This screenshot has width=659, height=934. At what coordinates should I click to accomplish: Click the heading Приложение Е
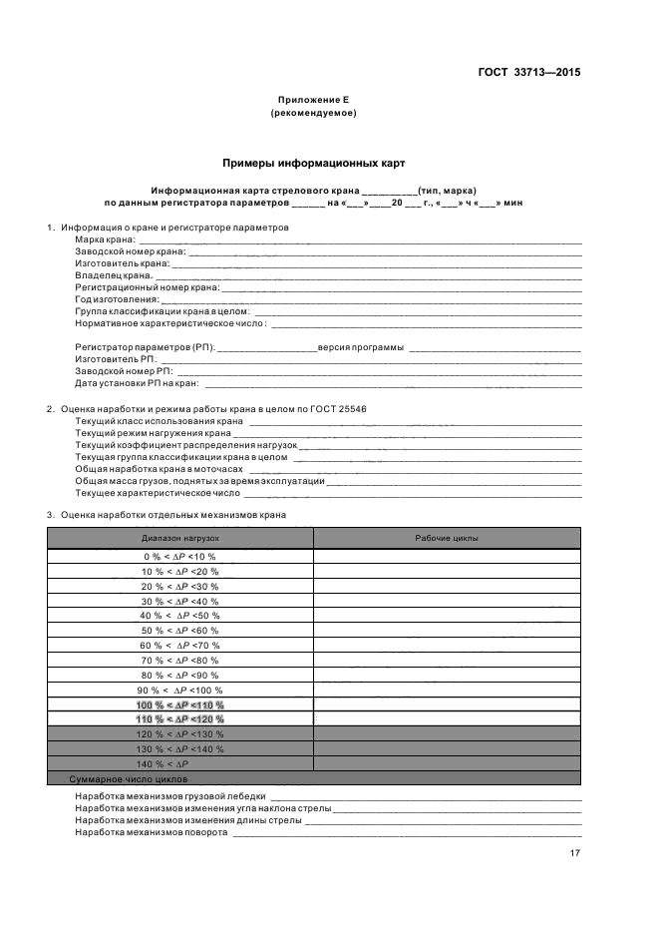click(313, 100)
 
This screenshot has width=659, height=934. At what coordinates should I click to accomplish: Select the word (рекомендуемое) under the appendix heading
click(313, 113)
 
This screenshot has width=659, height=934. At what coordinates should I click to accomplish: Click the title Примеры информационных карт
click(313, 162)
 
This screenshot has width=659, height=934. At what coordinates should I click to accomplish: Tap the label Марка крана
click(105, 240)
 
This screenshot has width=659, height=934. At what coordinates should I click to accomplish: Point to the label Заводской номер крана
click(130, 251)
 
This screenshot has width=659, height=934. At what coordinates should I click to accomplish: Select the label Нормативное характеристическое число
click(170, 323)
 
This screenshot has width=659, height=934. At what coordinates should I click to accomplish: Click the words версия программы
click(361, 347)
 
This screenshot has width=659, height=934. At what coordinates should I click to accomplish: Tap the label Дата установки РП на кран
click(137, 383)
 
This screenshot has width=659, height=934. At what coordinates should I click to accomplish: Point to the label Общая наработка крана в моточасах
click(160, 469)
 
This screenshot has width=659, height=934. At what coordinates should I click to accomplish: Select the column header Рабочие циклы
click(447, 538)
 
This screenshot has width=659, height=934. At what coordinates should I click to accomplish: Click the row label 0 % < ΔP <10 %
click(179, 556)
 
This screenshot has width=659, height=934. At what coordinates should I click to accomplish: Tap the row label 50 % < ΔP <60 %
click(179, 631)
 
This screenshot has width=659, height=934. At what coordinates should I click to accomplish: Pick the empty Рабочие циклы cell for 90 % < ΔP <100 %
click(447, 690)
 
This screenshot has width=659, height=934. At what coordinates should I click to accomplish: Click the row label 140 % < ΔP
click(179, 763)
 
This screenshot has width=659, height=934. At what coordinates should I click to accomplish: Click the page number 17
click(575, 853)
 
